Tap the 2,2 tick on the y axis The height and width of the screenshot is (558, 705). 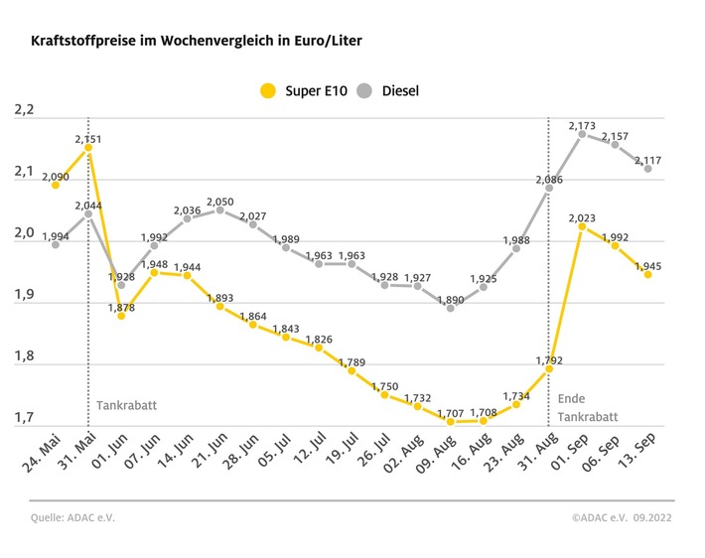tap(24, 110)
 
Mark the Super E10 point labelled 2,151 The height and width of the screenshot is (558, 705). tap(88, 147)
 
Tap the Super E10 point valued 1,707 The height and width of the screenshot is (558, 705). tap(451, 422)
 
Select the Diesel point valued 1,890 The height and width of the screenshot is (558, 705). tap(451, 308)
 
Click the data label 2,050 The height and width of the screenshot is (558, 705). tap(219, 202)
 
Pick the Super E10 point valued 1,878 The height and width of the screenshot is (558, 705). tap(121, 316)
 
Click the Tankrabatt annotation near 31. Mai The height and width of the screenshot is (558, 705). tap(126, 405)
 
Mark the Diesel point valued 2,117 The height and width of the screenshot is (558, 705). tap(648, 169)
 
